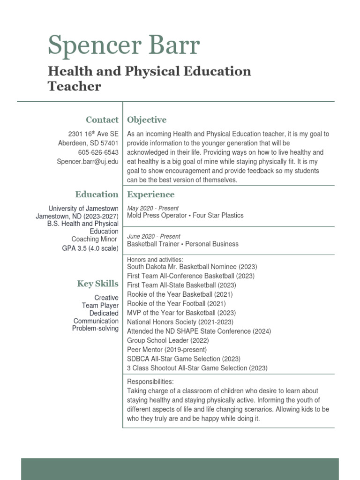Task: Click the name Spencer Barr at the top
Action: [124, 46]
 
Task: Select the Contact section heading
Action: [102, 120]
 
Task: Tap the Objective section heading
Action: [147, 120]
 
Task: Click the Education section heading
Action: [97, 194]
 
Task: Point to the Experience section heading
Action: [150, 194]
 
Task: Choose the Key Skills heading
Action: [97, 284]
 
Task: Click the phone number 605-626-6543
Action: [98, 152]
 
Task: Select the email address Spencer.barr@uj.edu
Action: [88, 162]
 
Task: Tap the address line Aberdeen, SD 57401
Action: [88, 143]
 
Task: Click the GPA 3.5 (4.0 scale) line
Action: [90, 248]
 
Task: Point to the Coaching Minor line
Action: [94, 239]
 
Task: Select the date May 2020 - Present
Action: [153, 208]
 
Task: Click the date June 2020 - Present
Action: [154, 236]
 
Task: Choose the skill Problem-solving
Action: [95, 328]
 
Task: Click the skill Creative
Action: [106, 298]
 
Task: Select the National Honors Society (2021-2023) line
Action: [180, 322]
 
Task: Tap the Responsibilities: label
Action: [150, 382]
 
